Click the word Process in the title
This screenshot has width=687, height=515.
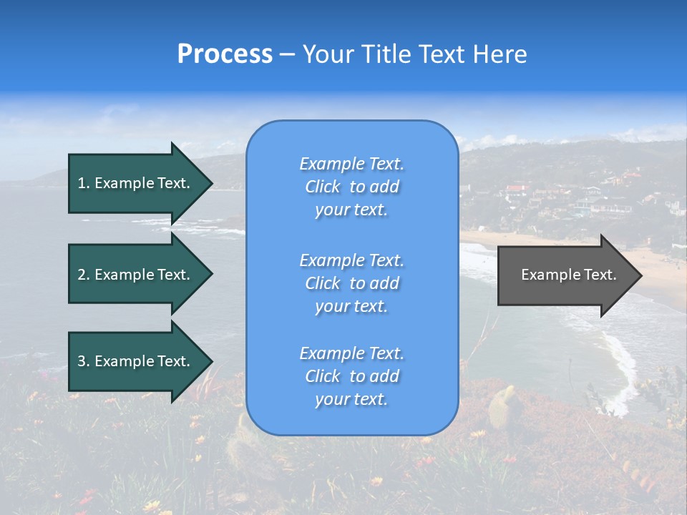(225, 54)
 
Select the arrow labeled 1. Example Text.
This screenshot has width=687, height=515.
(134, 183)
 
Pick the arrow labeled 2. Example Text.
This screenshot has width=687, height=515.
(134, 275)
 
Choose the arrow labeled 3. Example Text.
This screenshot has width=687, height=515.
(134, 361)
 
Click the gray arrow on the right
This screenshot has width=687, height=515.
(565, 275)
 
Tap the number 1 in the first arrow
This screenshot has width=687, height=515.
(82, 183)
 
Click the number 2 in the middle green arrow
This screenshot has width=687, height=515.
(82, 275)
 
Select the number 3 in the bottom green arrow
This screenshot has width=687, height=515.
(82, 361)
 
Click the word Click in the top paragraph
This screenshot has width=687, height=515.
(323, 187)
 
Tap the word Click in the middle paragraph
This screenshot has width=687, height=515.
(323, 283)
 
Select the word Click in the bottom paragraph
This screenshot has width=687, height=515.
(323, 376)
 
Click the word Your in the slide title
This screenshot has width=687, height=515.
(326, 54)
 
